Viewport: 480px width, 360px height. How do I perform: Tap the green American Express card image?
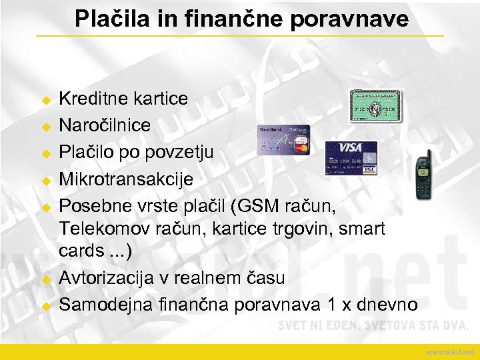(376, 106)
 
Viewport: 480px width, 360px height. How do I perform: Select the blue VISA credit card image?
(351, 158)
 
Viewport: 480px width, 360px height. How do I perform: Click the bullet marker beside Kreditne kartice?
(46, 100)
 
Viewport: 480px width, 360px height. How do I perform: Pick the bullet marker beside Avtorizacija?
(46, 279)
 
